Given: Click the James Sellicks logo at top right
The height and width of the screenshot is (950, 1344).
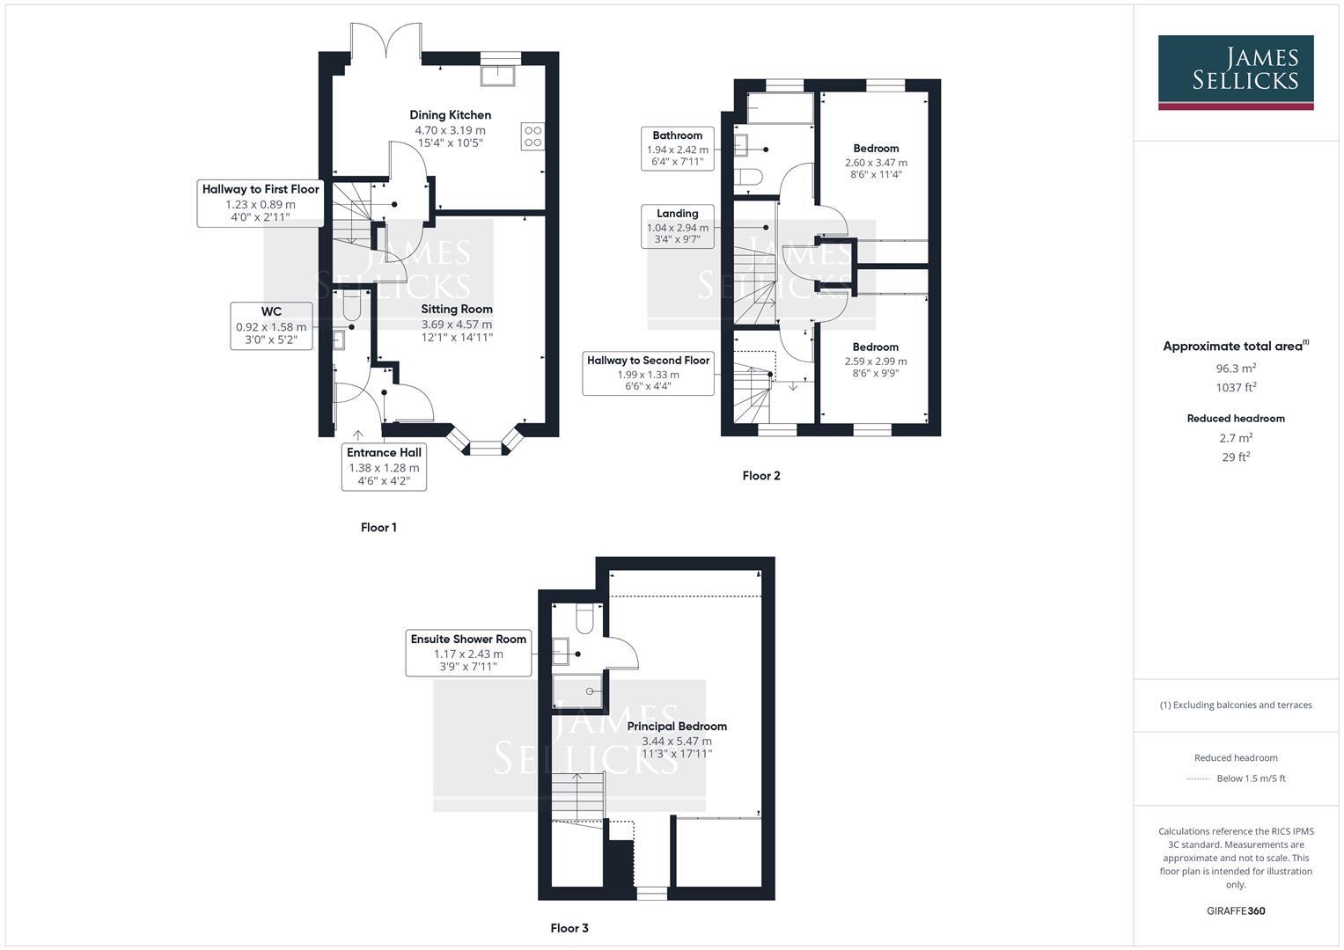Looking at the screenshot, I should (1235, 72).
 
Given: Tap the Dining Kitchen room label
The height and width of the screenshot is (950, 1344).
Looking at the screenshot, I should (450, 115).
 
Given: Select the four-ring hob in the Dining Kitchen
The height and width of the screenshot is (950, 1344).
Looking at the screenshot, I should (532, 136).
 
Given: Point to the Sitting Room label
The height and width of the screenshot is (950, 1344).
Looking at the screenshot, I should (456, 310).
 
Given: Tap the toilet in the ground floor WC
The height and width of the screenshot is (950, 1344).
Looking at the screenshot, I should (352, 305).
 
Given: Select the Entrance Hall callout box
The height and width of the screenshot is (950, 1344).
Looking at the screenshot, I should (384, 467).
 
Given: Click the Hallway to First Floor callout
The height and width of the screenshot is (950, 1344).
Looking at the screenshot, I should (260, 203).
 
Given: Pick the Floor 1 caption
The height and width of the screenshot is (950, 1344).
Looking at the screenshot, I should (378, 528).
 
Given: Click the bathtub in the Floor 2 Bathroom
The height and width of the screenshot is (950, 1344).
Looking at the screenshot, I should (780, 107).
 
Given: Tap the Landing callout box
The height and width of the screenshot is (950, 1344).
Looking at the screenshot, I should (677, 227).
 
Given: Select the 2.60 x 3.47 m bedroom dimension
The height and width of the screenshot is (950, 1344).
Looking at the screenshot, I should (876, 163).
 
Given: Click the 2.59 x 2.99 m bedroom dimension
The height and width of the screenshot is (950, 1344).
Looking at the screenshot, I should (875, 362).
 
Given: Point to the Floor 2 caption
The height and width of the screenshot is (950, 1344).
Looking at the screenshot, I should (761, 476).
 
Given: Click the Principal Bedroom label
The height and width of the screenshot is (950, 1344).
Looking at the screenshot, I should (677, 727).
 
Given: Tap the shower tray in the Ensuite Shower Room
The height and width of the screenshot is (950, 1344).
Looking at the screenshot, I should (577, 691).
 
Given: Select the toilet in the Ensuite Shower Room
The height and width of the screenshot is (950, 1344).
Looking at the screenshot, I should (585, 618).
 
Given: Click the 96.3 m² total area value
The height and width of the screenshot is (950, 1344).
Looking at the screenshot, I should (1236, 369).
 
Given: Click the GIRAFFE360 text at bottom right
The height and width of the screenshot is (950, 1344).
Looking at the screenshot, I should (1235, 910).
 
